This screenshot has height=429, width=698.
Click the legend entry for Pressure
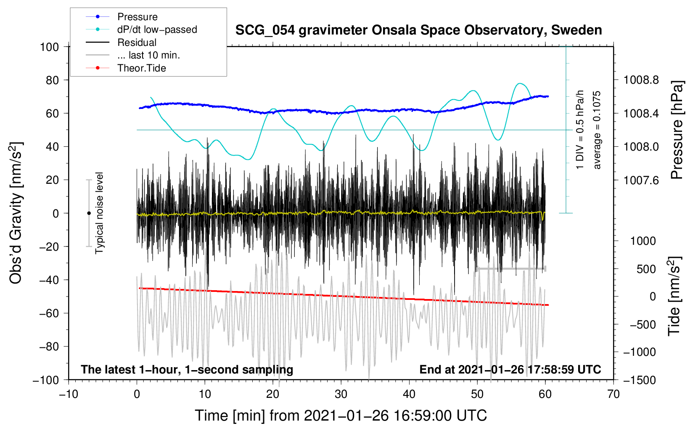tap(122, 16)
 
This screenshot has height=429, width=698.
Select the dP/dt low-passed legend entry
tap(141, 29)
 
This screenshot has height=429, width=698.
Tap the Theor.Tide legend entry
tap(126, 68)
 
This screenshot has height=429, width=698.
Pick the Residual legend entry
tap(121, 42)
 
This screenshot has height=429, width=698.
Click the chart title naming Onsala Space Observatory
tap(418, 30)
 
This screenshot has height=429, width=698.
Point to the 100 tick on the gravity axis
tap(50, 47)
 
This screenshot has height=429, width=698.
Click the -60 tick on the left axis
tap(49, 313)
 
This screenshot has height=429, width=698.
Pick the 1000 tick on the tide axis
tap(643, 241)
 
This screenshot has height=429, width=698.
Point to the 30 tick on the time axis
tap(341, 395)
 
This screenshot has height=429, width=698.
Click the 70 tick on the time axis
tap(613, 395)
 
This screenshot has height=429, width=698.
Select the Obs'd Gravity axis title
tap(16, 213)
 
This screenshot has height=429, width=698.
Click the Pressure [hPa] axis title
tap(677, 130)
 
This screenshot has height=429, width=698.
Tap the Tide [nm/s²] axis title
tap(675, 296)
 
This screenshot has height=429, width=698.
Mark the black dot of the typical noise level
tap(89, 213)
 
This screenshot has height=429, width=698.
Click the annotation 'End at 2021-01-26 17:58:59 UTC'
tap(510, 369)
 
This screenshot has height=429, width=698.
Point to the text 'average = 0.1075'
tap(597, 130)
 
